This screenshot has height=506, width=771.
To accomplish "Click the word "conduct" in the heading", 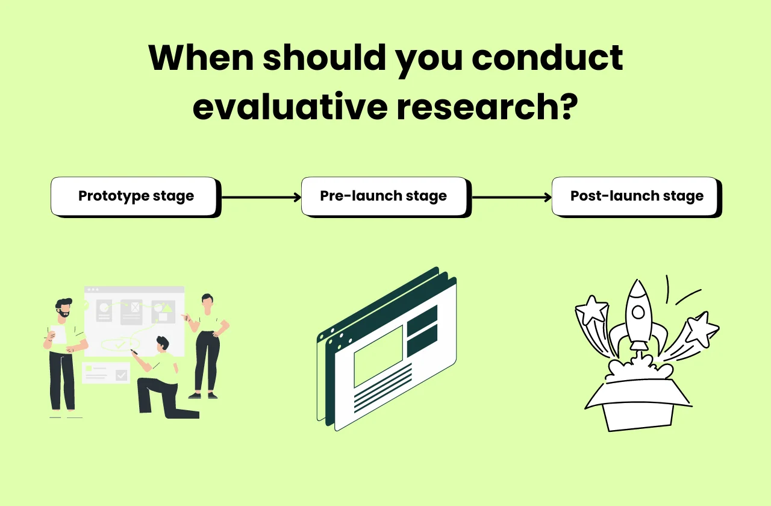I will click(547, 58).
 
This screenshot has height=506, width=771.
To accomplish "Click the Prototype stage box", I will click(135, 196).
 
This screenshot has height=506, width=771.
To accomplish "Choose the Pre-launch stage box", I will click(384, 196).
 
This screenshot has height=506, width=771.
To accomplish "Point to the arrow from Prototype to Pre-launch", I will click(261, 197).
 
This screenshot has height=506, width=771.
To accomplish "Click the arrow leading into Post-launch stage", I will click(511, 197).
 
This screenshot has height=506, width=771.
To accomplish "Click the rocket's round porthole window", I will click(638, 312).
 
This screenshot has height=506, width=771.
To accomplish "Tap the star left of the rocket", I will click(592, 310).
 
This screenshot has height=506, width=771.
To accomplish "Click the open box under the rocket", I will click(638, 404).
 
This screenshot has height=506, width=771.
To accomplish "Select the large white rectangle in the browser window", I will click(378, 356).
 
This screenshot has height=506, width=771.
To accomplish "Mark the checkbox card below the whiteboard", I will click(105, 373).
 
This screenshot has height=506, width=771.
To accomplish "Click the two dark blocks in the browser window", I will click(422, 331).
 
